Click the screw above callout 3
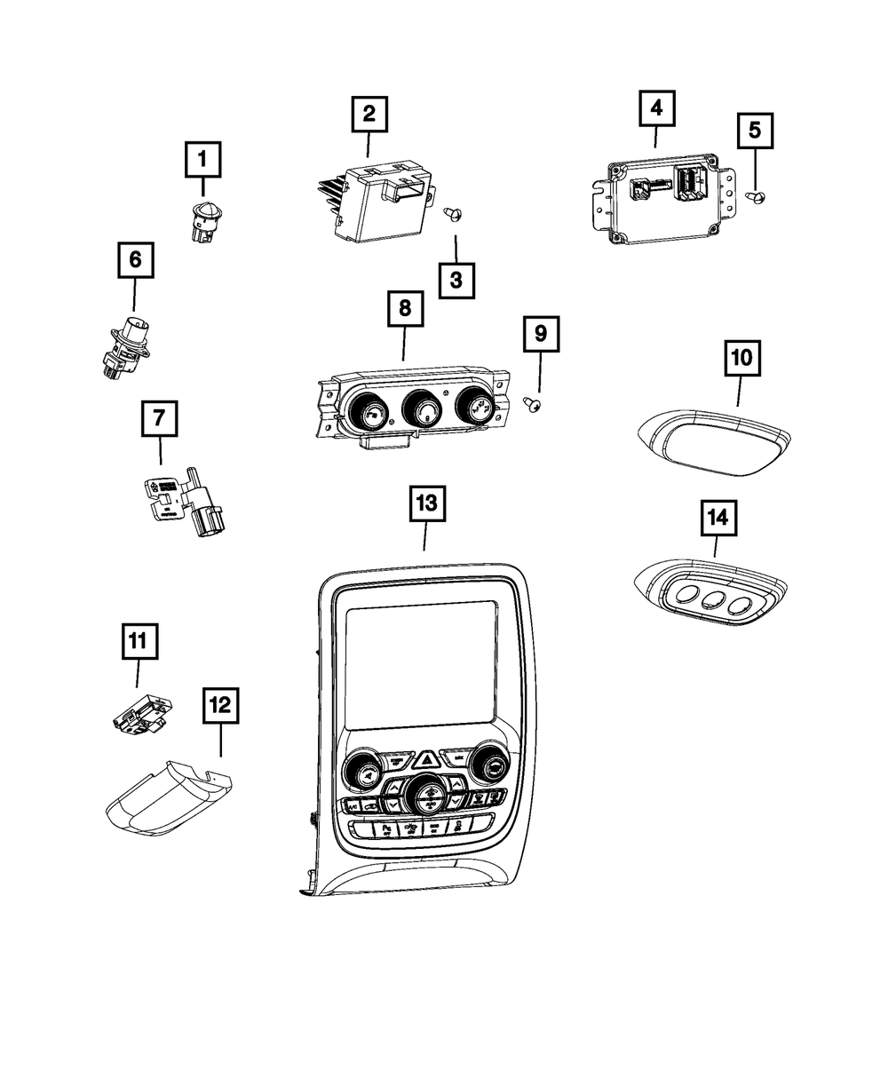pos(453,211)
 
